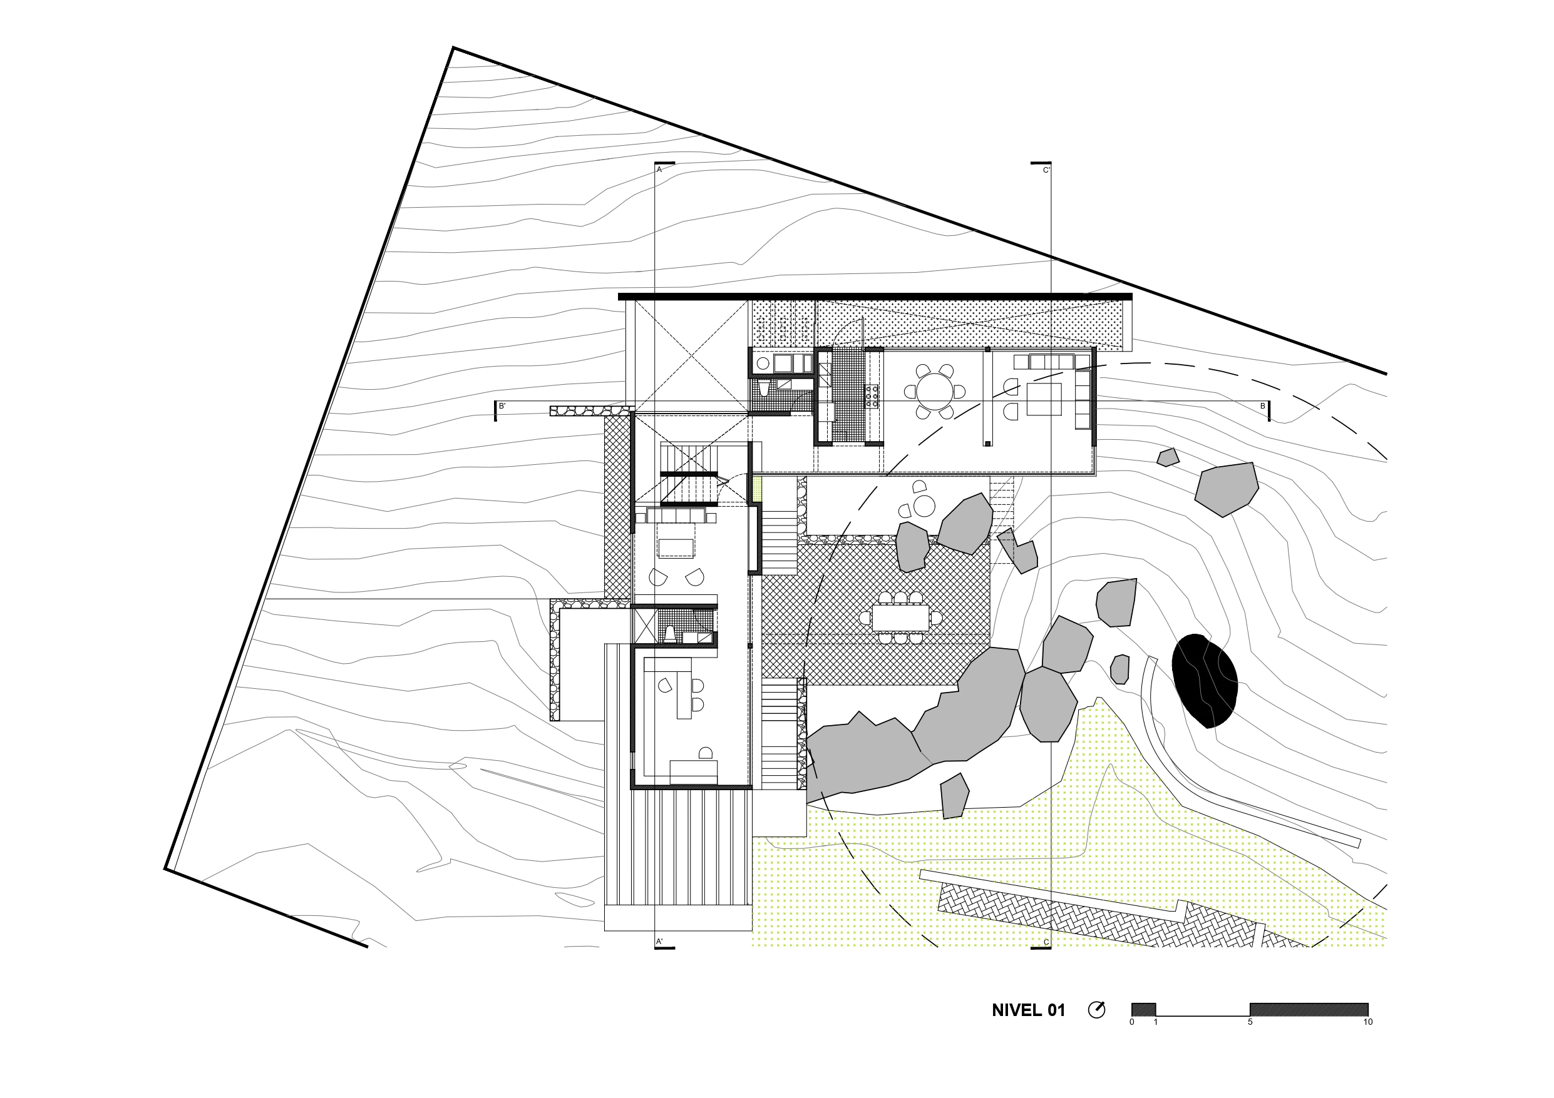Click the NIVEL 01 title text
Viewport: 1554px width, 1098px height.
(1028, 1010)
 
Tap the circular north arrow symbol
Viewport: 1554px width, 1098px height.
(1096, 1010)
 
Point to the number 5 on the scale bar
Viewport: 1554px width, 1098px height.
(1250, 1022)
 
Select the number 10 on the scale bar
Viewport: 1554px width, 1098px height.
(1368, 1022)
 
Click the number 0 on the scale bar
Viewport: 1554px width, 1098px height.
(1131, 1022)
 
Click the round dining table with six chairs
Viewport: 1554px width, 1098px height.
(934, 391)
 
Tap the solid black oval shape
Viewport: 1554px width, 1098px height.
(1205, 681)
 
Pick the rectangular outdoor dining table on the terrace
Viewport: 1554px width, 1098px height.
(900, 617)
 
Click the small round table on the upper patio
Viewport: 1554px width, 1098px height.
(924, 506)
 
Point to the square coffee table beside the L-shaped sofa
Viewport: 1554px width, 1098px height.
(1044, 399)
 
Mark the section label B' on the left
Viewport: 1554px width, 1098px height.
(502, 407)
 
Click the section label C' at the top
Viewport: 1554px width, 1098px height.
(1046, 170)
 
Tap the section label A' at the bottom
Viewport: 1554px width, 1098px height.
(659, 941)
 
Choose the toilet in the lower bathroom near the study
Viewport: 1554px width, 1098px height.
(669, 634)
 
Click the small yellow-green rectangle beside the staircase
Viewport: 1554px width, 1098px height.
(758, 489)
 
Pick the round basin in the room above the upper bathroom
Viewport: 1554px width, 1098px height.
(763, 363)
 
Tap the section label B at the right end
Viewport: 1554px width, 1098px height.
(1262, 407)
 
